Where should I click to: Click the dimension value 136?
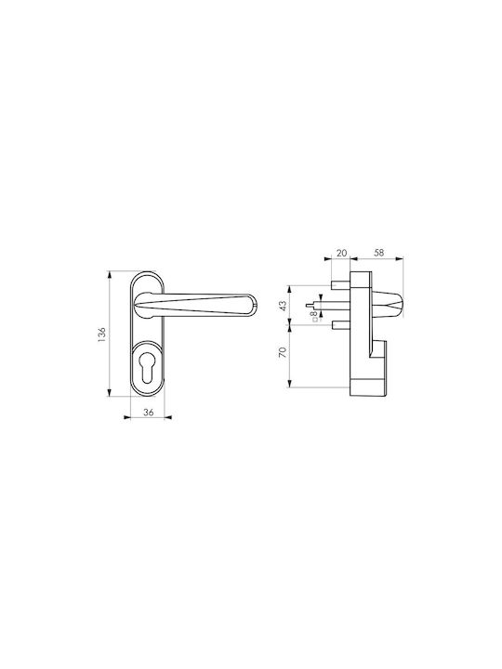(x=101, y=334)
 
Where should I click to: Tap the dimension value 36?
(x=148, y=413)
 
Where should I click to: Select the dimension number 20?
(x=341, y=253)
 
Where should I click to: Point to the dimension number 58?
(x=378, y=253)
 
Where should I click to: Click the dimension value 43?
(x=283, y=306)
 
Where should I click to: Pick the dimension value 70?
(x=283, y=352)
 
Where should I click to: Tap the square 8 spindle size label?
(x=315, y=315)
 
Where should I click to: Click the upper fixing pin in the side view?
(x=340, y=284)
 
